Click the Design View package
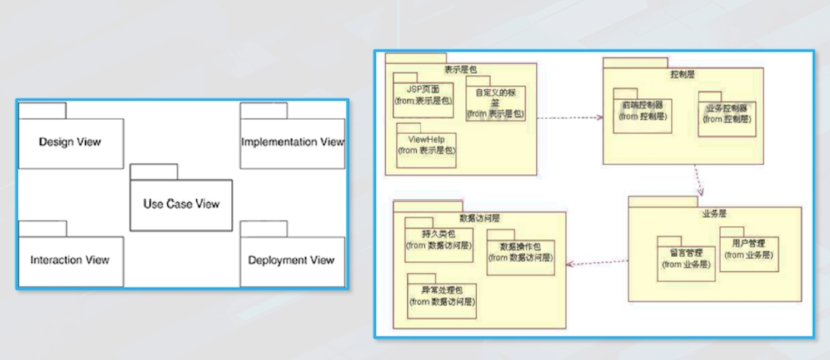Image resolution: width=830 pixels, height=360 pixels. [70, 142]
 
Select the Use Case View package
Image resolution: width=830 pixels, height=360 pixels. [181, 204]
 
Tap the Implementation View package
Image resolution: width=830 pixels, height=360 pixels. [292, 142]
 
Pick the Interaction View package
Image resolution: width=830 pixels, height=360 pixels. [70, 260]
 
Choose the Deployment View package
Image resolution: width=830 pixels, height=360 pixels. [292, 260]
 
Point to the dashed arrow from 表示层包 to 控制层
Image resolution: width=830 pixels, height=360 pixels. [569, 118]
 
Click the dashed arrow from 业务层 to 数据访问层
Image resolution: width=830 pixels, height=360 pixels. [597, 261]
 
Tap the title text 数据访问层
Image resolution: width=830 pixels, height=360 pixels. [480, 219]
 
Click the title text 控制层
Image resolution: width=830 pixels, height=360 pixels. [682, 75]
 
